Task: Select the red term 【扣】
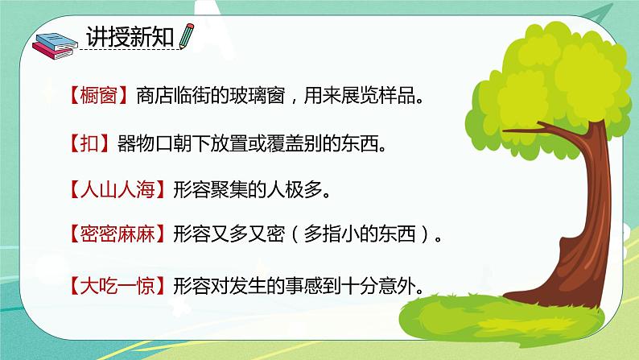click(84, 144)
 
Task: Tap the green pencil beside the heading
click(187, 36)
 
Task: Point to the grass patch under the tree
click(523, 314)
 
